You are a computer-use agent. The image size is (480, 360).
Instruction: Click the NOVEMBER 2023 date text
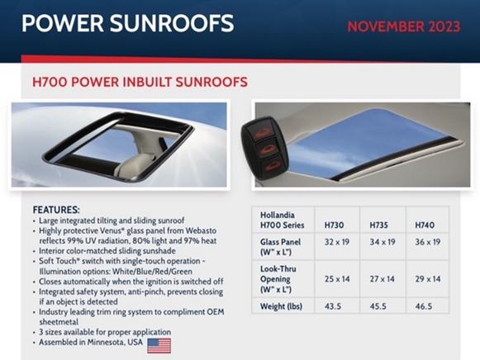[404, 26]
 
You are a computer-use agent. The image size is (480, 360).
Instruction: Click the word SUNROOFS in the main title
[172, 23]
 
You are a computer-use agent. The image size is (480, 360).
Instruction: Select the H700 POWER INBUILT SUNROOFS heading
[140, 82]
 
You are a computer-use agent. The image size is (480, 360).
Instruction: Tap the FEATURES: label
[56, 210]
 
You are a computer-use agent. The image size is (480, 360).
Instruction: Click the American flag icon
[159, 346]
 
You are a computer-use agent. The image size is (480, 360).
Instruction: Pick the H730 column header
[334, 225]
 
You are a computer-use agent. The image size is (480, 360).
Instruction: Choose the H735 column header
[378, 225]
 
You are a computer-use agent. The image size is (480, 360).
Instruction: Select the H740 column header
[425, 225]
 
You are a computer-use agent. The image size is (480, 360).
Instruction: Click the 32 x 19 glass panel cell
[337, 242]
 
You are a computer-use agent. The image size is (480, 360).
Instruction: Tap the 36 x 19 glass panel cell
[428, 242]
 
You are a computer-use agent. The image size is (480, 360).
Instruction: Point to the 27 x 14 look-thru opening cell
[382, 279]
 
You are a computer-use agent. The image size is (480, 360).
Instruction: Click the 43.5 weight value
[333, 306]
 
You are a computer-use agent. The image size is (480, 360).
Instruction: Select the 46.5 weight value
[424, 306]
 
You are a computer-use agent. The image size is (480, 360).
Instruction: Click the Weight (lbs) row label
[281, 306]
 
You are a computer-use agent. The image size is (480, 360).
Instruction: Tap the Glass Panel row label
[280, 242]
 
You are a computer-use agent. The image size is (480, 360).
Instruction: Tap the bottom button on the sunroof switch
[273, 165]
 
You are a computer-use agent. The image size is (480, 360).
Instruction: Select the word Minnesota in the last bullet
[106, 342]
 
